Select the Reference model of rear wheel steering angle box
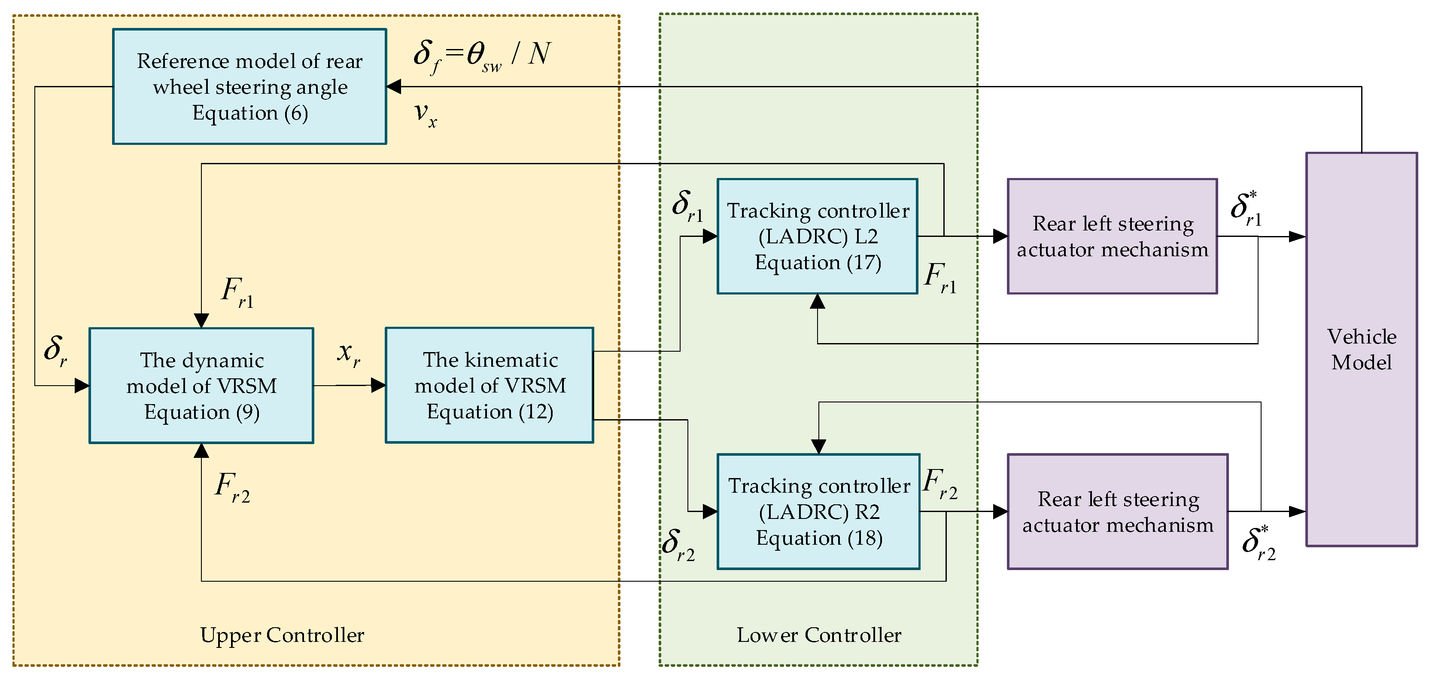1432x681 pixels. tap(249, 87)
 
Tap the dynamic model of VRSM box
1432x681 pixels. tap(201, 386)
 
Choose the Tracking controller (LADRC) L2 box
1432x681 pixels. tap(817, 236)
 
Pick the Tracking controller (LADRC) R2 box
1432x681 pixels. tap(818, 511)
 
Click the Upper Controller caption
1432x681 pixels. tap(282, 635)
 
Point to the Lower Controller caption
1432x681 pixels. tap(819, 635)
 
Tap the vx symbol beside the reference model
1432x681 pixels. tap(425, 114)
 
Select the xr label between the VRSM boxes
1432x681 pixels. tap(349, 354)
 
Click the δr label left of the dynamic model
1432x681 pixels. tap(55, 351)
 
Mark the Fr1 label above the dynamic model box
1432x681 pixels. tap(237, 292)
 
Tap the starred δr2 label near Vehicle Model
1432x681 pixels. tap(1259, 543)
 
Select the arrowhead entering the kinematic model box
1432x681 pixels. tap(379, 385)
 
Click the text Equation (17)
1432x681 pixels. tap(818, 263)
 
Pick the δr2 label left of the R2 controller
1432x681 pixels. tap(678, 545)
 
